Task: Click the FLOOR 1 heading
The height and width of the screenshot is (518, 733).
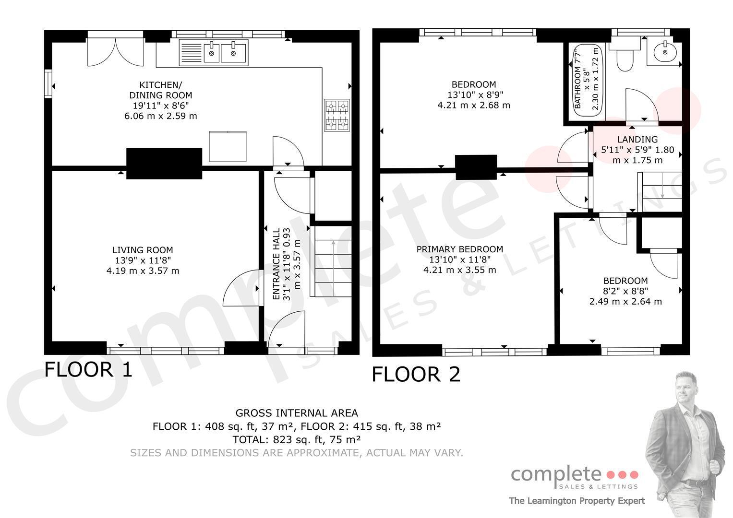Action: pyautogui.click(x=88, y=369)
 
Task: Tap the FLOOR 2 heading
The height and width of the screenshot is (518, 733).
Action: pyautogui.click(x=416, y=374)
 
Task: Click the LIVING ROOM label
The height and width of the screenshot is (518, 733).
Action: pyautogui.click(x=143, y=250)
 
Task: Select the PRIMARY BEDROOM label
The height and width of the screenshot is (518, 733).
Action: pyautogui.click(x=460, y=249)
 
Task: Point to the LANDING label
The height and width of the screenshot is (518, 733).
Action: pyautogui.click(x=637, y=140)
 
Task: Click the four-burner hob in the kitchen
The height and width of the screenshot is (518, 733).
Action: pyautogui.click(x=337, y=116)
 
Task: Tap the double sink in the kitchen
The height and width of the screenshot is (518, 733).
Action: pyautogui.click(x=214, y=53)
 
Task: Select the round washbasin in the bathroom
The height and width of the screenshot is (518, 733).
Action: pyautogui.click(x=665, y=52)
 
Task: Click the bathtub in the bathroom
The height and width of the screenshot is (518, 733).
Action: pyautogui.click(x=588, y=80)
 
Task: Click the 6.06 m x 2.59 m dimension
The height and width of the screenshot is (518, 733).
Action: pyautogui.click(x=161, y=116)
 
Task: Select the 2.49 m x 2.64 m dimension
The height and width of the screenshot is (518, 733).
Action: pyautogui.click(x=625, y=302)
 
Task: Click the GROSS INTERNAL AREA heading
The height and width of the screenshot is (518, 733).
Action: pyautogui.click(x=297, y=413)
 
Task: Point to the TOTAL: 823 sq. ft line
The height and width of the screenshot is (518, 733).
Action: pyautogui.click(x=297, y=439)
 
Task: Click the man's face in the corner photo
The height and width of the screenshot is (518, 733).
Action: pyautogui.click(x=685, y=389)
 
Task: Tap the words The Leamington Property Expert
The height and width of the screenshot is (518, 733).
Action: pyautogui.click(x=577, y=501)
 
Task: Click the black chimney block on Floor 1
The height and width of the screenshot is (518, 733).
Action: pyautogui.click(x=164, y=164)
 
